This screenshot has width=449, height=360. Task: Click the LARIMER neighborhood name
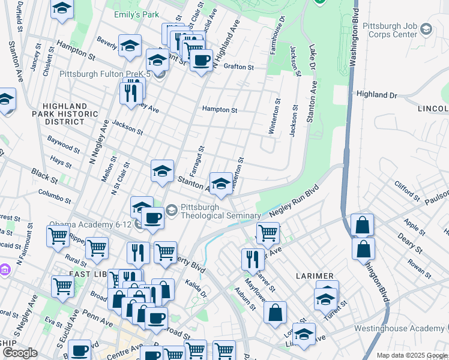click(313, 275)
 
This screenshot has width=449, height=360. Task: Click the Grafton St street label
click(240, 67)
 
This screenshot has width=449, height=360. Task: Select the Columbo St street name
click(56, 197)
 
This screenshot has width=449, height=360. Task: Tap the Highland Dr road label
click(377, 95)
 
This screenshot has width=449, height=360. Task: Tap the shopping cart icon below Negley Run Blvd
click(268, 232)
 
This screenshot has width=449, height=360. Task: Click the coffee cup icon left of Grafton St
click(201, 61)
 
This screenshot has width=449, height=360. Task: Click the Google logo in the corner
click(20, 353)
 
